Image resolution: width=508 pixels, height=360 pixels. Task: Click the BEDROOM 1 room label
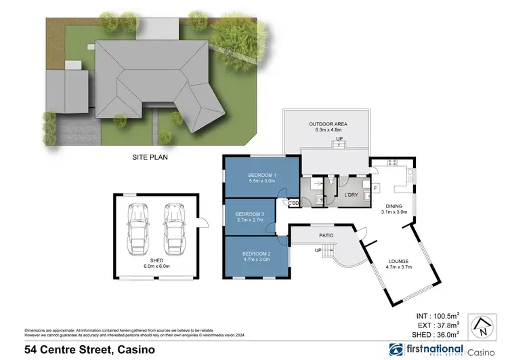(x=261, y=175)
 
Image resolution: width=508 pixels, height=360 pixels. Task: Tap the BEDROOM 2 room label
(x=256, y=254)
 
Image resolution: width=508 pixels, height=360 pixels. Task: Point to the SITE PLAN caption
(x=150, y=157)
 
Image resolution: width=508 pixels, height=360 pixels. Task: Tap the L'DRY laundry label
(x=351, y=195)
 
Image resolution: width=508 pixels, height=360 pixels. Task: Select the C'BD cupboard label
(x=293, y=203)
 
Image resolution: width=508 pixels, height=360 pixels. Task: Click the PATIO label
(x=326, y=235)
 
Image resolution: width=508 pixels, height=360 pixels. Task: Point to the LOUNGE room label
(x=398, y=261)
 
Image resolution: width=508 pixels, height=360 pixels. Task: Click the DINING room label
(x=394, y=207)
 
